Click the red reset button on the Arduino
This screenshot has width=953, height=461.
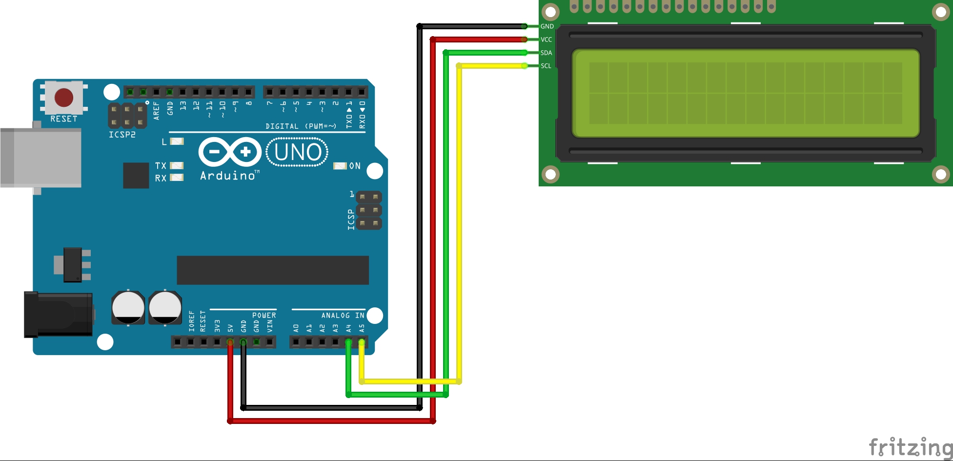click(x=64, y=98)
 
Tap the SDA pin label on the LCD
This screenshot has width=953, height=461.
click(x=546, y=53)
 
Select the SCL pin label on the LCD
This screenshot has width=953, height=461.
click(x=546, y=66)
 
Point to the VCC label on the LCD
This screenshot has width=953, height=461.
click(x=546, y=40)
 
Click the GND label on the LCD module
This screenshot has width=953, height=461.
click(x=547, y=26)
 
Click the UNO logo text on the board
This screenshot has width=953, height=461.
click(x=297, y=152)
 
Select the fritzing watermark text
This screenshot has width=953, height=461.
click(x=910, y=447)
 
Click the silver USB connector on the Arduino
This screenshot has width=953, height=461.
click(x=41, y=158)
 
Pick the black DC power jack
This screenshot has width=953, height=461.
click(x=59, y=315)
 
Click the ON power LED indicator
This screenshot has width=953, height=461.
click(x=340, y=166)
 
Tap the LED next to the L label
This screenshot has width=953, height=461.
click(x=177, y=141)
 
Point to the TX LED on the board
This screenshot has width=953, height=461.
click(x=177, y=165)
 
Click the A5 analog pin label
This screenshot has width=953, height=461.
click(x=362, y=328)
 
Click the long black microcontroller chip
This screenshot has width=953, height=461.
click(x=272, y=270)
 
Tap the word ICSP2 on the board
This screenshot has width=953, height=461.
click(x=122, y=135)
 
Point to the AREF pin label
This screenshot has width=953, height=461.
click(x=156, y=110)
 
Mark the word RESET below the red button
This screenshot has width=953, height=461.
click(x=64, y=119)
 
